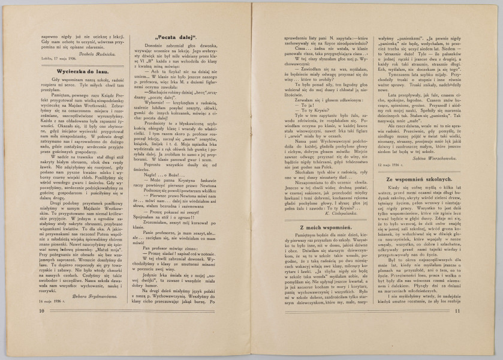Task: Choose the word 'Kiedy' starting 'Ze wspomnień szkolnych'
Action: [390, 206]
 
